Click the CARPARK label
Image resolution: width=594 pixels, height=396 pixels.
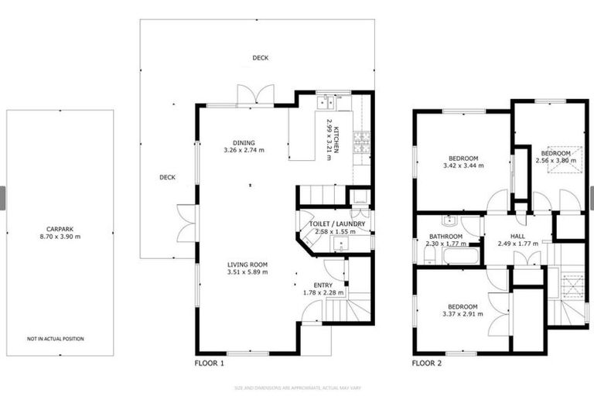[x=59, y=229]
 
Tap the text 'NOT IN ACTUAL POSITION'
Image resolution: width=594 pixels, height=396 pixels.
[x=56, y=339]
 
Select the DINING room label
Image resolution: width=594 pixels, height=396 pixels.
[x=244, y=142]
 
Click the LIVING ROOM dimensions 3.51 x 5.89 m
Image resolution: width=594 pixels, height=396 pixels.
[x=247, y=272]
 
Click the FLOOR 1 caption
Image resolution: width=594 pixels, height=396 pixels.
[x=210, y=363]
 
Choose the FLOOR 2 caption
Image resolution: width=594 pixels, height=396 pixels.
[x=426, y=363]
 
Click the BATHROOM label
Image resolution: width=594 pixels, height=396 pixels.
[x=445, y=237]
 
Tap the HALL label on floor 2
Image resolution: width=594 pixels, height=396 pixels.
[x=517, y=237]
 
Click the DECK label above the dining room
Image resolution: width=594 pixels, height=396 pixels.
[x=260, y=58]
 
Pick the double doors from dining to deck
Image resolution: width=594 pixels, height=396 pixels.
[x=254, y=95]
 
